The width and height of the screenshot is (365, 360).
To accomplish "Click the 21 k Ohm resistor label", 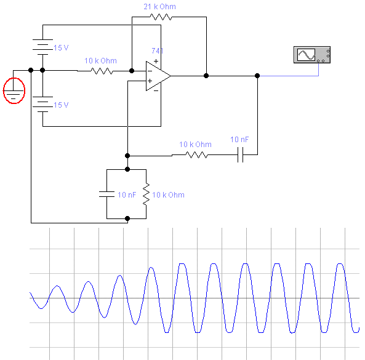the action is [x=159, y=7].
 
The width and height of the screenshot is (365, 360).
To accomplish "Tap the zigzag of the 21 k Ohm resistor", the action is [x=161, y=17].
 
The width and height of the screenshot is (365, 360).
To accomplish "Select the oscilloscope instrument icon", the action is [x=312, y=55].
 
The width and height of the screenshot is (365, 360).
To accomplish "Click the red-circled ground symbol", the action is [x=14, y=90].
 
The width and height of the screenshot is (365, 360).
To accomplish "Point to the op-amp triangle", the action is [x=158, y=76].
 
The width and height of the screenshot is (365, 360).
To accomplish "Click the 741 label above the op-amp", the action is [x=158, y=50].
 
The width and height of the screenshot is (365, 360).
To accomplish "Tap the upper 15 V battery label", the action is [x=61, y=48].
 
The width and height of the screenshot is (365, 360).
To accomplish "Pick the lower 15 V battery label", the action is [x=61, y=105].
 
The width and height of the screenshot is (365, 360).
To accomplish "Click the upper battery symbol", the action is [x=42, y=47].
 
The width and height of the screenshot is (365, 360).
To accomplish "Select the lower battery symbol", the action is [x=42, y=104].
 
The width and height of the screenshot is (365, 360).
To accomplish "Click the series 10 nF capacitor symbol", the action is [x=241, y=154].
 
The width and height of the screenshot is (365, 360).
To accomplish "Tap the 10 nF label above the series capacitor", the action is [x=239, y=140].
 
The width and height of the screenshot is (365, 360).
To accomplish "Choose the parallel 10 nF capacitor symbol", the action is [x=107, y=194].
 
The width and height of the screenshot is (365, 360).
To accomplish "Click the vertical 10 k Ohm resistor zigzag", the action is [x=146, y=194].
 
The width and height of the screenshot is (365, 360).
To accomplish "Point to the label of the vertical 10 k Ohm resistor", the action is [x=168, y=195].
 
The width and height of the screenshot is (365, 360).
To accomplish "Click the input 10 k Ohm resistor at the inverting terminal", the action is [x=102, y=71].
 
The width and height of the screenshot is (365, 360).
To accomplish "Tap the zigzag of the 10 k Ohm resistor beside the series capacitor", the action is [x=197, y=154].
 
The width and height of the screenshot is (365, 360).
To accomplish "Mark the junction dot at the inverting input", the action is [x=132, y=71].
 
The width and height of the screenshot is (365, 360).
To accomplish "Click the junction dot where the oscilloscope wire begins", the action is [x=257, y=76].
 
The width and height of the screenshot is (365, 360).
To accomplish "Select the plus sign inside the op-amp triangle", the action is [x=150, y=81].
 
